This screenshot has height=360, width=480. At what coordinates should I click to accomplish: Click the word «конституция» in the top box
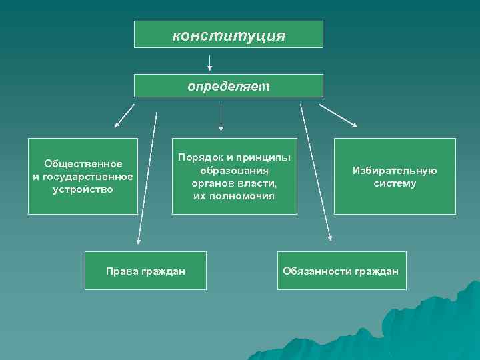pos(229,35)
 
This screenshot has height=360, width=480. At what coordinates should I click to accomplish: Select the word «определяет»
pos(228,86)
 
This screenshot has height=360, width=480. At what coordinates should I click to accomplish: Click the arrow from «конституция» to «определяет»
pos(210,62)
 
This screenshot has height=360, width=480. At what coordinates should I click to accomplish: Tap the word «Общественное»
pos(83,164)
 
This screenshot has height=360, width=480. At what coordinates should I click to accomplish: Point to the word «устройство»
pos(83,189)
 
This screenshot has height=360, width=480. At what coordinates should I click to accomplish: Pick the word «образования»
pos(234,171)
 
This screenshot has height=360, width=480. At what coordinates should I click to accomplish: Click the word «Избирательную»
pos(395,171)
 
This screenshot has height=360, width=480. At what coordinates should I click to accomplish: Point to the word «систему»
pos(395,183)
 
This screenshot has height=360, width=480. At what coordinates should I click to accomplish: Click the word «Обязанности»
pos(316,271)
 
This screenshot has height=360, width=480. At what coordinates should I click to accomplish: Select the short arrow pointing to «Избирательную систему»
pos(339,115)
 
